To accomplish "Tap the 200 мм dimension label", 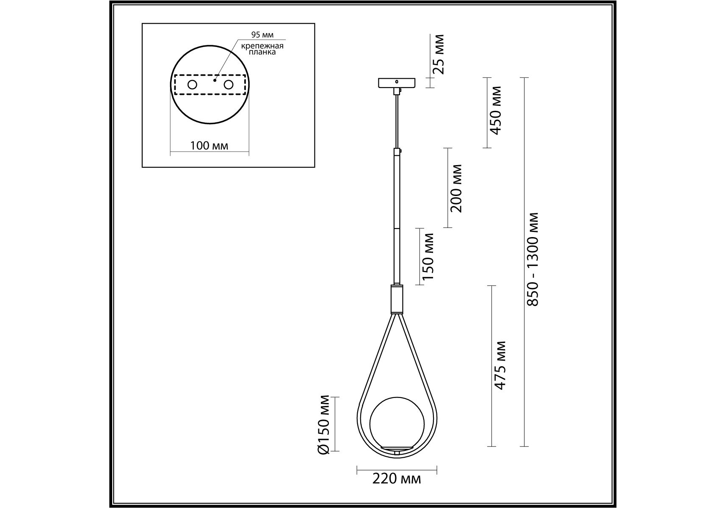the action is pos(455,188).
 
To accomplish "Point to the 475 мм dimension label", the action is pos(500,365).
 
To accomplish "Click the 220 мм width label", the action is pos(397,479).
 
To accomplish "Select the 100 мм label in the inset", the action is pos(209,146).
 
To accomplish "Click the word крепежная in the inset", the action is pos(262,46).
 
